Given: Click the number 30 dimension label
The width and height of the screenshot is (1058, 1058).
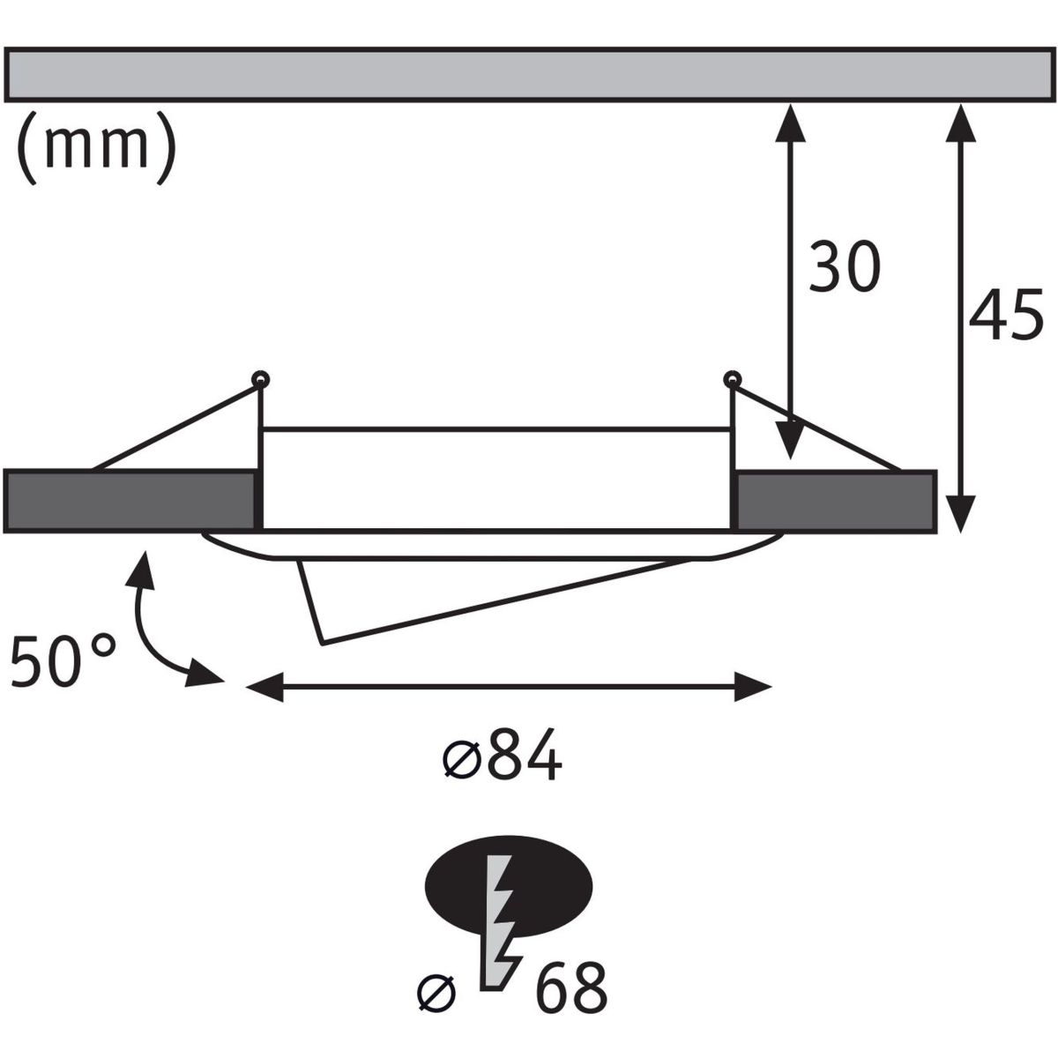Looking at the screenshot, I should pyautogui.click(x=845, y=267).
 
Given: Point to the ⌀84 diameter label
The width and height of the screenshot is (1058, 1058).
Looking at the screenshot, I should pyautogui.click(x=502, y=756).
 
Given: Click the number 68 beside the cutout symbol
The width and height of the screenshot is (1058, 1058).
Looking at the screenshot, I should pyautogui.click(x=570, y=989).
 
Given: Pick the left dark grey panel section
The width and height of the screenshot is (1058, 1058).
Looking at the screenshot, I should pyautogui.click(x=130, y=502).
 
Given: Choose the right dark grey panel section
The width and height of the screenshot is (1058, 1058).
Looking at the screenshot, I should pyautogui.click(x=836, y=502).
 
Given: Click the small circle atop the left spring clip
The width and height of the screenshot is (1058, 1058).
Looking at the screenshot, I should pyautogui.click(x=260, y=380).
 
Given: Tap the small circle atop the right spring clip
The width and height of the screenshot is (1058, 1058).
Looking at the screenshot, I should pyautogui.click(x=729, y=380).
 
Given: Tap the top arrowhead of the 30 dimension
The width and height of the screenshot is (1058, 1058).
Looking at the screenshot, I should pyautogui.click(x=789, y=123).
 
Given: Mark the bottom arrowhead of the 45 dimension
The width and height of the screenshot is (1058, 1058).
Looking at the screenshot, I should pyautogui.click(x=960, y=512).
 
